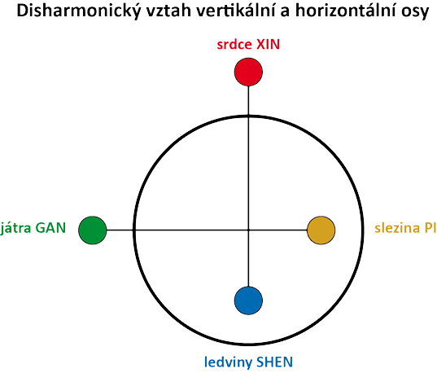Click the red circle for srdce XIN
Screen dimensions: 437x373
click(x=248, y=72)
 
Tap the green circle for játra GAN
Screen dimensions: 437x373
click(x=93, y=230)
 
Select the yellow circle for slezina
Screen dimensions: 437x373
click(x=321, y=230)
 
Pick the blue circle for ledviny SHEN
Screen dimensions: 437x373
click(x=248, y=301)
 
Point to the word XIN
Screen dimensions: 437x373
click(x=268, y=45)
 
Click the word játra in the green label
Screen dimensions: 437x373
click(x=15, y=228)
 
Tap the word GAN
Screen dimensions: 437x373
click(x=50, y=228)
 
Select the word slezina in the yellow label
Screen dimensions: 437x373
click(x=397, y=228)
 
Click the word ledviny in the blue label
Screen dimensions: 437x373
click(x=229, y=362)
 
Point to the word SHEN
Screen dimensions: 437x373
click(x=275, y=362)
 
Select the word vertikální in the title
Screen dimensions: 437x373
click(x=237, y=11)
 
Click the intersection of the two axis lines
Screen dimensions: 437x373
click(x=248, y=230)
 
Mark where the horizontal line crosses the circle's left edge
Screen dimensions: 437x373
click(x=134, y=230)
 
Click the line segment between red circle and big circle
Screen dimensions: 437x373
click(x=248, y=100)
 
